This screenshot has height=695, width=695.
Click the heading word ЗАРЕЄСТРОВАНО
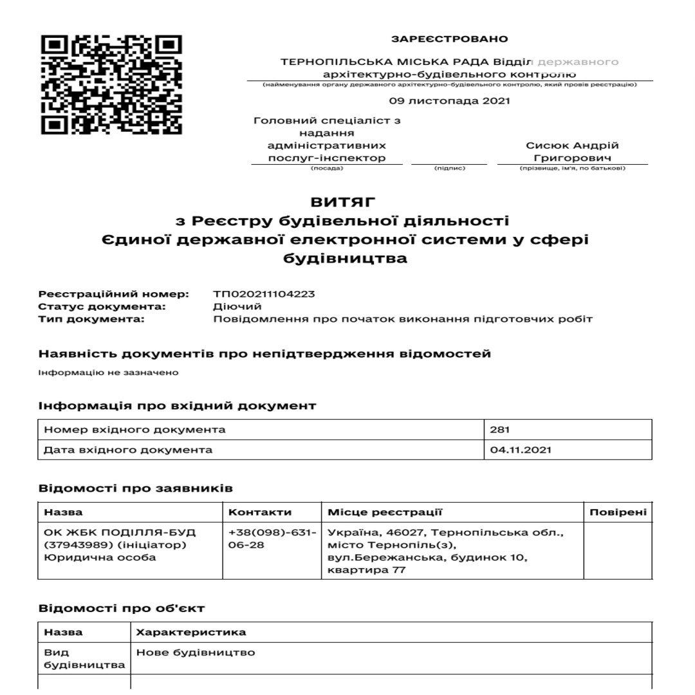[449, 39]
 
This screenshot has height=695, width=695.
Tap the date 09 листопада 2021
[449, 101]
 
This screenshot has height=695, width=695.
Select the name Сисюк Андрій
[572, 145]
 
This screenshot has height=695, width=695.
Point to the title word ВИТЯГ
[343, 203]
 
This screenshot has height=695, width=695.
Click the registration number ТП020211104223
[264, 294]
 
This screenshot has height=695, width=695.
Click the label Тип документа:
[91, 319]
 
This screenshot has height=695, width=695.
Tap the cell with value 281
[499, 430]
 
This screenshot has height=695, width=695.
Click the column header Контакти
[260, 512]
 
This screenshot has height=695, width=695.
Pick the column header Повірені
[618, 512]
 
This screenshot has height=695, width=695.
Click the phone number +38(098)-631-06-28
[272, 539]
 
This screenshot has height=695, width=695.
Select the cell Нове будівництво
[195, 653]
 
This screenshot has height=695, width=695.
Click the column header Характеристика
[190, 633]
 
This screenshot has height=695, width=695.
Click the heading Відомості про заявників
[135, 488]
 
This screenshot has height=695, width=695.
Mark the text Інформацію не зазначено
[108, 373]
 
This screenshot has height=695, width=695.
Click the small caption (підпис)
[449, 169]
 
